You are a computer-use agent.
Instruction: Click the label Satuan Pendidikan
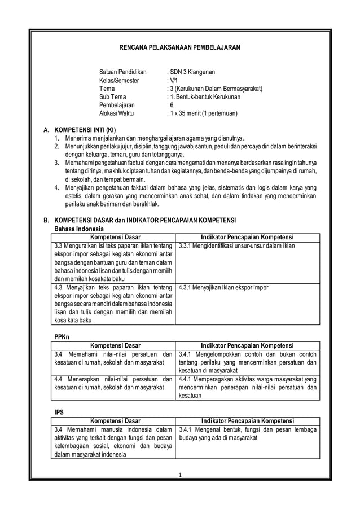(122, 73)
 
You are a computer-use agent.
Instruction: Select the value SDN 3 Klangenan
(192, 73)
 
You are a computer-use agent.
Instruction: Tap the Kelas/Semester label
(118, 81)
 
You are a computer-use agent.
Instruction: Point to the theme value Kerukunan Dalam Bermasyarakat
(217, 89)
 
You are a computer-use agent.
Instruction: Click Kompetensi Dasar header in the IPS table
(112, 421)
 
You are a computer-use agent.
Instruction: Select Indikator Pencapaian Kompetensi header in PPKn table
(247, 345)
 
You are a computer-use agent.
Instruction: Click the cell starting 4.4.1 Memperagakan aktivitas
(247, 387)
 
